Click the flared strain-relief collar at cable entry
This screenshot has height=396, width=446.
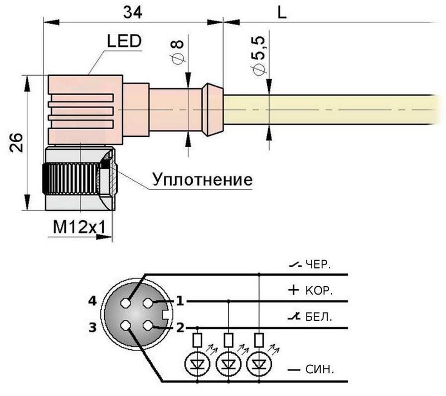click(x=212, y=110)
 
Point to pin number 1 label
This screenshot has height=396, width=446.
click(x=180, y=301)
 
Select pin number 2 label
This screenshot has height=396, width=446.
click(x=180, y=327)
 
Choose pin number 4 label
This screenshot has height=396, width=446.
click(x=93, y=301)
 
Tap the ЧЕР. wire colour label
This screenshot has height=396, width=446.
click(x=318, y=265)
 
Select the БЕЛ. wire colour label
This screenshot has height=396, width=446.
click(x=318, y=317)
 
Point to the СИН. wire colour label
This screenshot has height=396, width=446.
click(x=319, y=369)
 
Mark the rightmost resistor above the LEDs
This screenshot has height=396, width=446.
click(x=258, y=339)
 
